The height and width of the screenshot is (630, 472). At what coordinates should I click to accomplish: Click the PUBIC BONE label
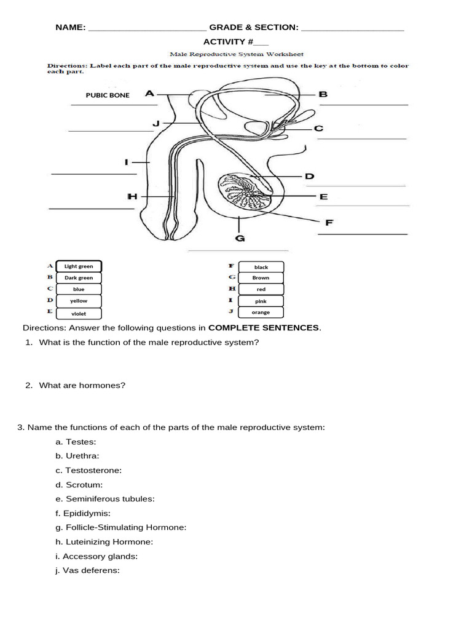point(108,95)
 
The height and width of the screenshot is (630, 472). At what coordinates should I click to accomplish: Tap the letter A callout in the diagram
point(149,94)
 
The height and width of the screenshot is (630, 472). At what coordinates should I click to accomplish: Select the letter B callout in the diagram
point(323,95)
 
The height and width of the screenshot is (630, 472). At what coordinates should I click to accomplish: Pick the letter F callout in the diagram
point(329,223)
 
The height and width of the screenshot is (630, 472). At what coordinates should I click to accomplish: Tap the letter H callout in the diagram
point(132,196)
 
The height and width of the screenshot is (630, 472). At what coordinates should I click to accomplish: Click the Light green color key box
point(79,266)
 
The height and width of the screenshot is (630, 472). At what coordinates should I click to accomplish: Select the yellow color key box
point(79,301)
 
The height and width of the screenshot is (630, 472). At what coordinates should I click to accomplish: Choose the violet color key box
point(79,313)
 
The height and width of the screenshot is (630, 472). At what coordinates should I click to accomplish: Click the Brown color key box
point(261,277)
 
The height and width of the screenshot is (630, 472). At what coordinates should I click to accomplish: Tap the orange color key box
point(261,313)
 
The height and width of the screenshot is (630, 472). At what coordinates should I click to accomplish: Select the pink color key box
point(261,301)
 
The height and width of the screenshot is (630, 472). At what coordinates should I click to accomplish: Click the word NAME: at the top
point(70,28)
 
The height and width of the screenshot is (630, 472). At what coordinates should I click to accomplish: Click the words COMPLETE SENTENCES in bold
point(264,327)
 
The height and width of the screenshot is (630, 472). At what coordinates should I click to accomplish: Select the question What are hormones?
point(82,385)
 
